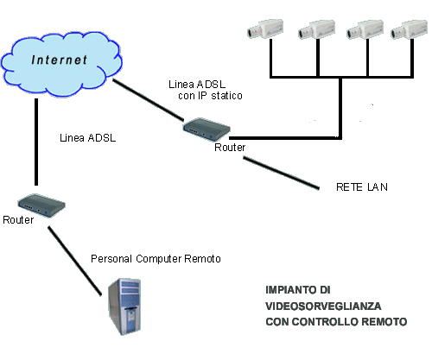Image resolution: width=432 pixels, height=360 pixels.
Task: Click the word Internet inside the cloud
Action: (59, 60)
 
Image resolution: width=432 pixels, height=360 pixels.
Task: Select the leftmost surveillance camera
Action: (265, 28)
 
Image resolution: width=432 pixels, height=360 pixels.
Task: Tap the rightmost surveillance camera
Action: (409, 29)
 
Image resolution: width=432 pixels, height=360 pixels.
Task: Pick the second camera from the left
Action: (316, 29)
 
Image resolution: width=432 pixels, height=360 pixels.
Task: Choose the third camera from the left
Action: (365, 29)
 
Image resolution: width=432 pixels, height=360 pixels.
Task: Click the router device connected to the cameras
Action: (206, 129)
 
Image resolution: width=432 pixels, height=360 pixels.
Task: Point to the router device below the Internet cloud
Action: (41, 205)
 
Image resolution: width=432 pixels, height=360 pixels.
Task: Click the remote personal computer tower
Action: (124, 306)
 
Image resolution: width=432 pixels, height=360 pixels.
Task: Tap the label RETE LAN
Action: (362, 187)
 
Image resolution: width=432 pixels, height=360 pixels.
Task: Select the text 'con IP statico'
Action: (210, 96)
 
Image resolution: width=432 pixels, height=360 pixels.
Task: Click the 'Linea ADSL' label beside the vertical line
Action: (88, 138)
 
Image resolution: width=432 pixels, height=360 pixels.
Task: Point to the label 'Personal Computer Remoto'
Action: (156, 259)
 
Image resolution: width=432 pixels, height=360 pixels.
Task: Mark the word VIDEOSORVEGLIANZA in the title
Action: (323, 306)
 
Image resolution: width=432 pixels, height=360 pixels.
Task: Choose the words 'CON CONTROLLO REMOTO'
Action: (336, 322)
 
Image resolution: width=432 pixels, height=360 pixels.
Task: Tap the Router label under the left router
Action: (18, 220)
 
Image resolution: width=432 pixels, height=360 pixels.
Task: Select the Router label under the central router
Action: (230, 148)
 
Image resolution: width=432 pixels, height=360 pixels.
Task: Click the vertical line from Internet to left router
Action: (36, 142)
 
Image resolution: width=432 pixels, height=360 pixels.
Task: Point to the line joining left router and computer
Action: (75, 261)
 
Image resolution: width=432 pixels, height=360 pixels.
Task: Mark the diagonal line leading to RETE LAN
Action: (281, 173)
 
